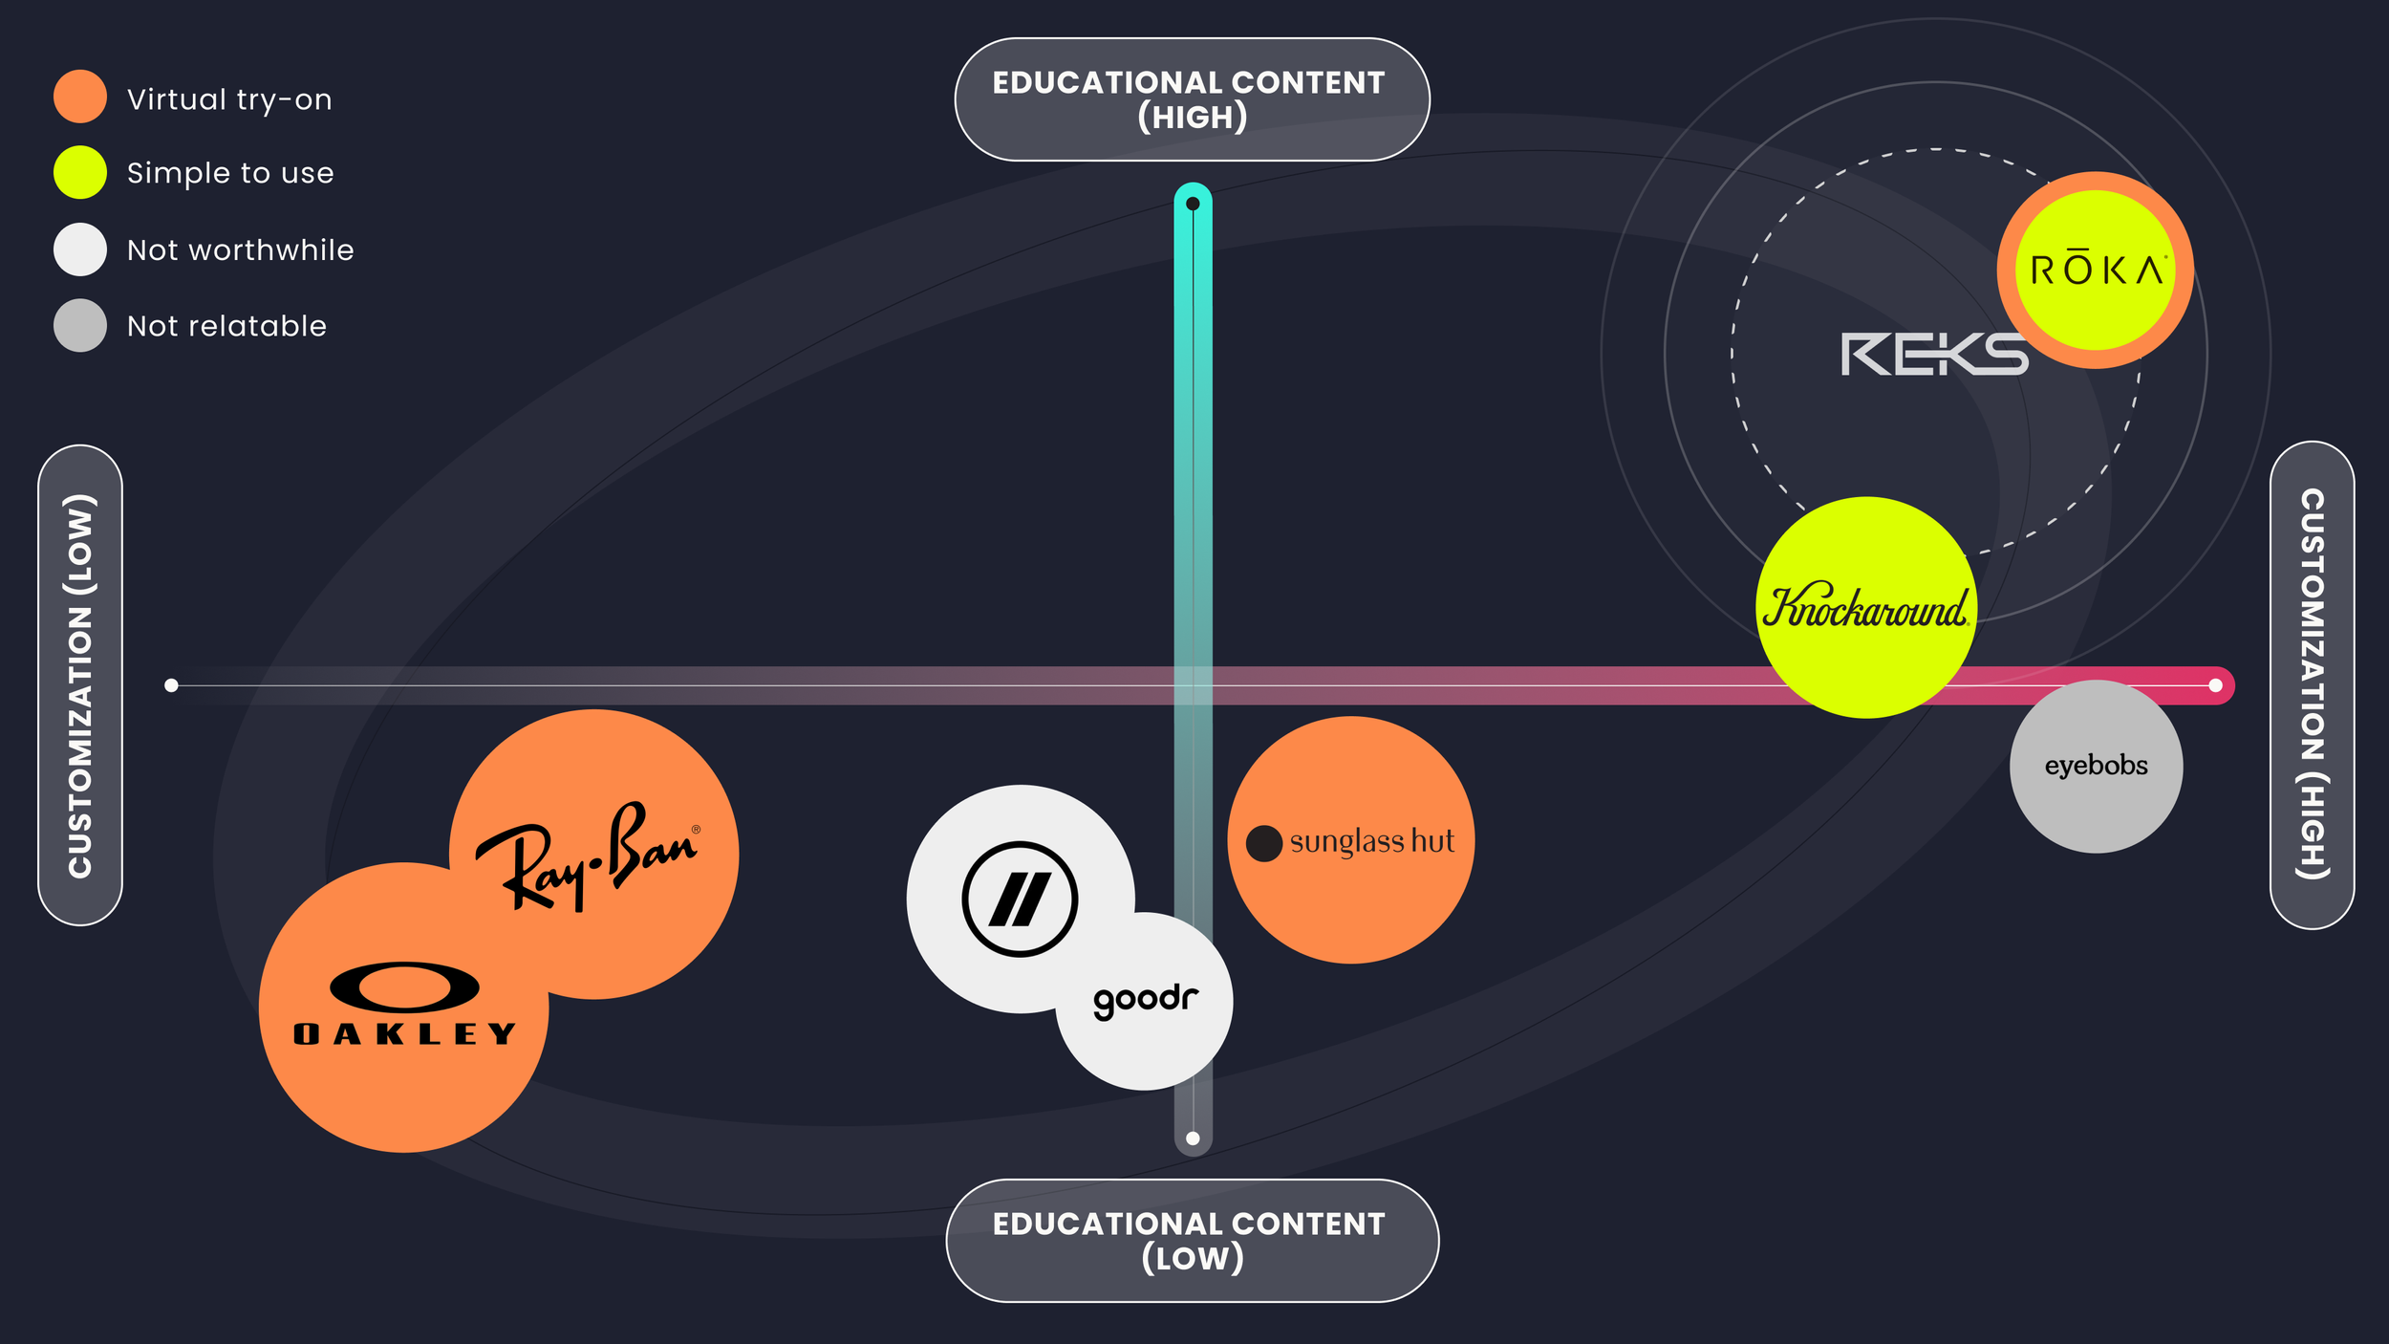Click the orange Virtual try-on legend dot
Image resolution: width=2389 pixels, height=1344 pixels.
pos(80,97)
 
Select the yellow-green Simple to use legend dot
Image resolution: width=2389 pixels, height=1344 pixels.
pos(80,172)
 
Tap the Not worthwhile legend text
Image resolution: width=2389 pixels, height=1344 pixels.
pos(240,249)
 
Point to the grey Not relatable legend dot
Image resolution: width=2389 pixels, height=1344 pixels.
pos(80,325)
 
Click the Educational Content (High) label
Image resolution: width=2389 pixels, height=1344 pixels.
pos(1192,99)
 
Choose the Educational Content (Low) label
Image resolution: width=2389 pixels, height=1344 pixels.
pos(1192,1240)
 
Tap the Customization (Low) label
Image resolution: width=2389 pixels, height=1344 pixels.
pos(80,685)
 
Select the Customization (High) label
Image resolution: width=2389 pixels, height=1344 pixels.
pos(2312,684)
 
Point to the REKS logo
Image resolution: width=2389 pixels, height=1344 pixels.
pos(1934,354)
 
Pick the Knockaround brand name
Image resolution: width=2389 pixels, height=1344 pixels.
pos(1865,608)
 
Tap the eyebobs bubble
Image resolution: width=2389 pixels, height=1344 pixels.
pos(2096,766)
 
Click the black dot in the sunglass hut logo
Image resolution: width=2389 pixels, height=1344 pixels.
pos(1263,843)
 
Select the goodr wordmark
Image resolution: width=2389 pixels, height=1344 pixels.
pos(1145,1000)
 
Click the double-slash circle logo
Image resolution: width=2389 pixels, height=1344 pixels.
pos(1020,899)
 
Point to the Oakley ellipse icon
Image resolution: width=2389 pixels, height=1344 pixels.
pos(404,987)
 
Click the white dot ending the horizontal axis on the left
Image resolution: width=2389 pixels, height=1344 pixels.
pos(171,685)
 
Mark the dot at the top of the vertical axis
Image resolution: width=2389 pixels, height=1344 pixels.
pos(1193,204)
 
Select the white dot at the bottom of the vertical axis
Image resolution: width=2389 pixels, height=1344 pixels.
pos(1193,1138)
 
